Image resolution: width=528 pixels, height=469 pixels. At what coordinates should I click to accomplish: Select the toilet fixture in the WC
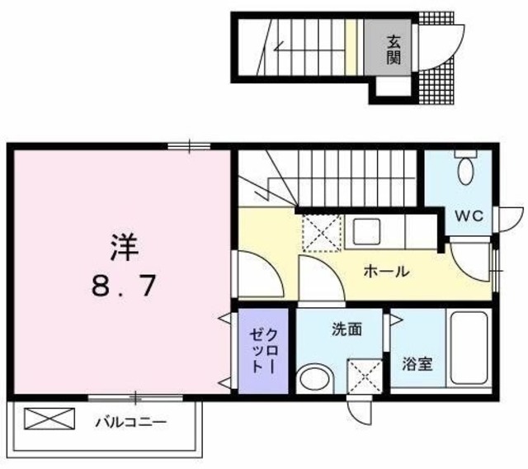tap(467, 169)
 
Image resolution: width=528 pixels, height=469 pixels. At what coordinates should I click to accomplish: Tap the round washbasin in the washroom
tap(315, 378)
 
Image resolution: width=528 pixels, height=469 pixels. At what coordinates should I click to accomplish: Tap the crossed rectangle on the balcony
tap(49, 419)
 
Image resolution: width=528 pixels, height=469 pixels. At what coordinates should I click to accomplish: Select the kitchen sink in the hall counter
tap(363, 230)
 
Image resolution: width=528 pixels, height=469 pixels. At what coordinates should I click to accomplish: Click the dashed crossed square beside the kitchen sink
tap(320, 231)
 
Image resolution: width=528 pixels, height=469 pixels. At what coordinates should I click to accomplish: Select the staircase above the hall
tap(330, 178)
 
